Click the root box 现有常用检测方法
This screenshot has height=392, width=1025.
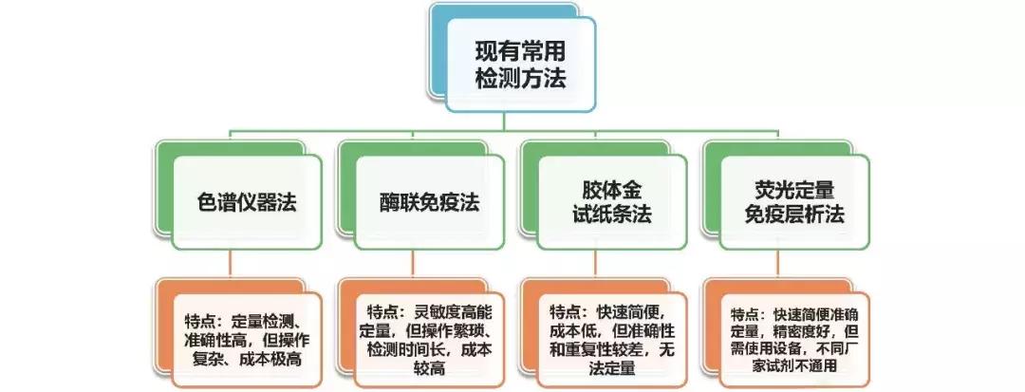click(x=519, y=65)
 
